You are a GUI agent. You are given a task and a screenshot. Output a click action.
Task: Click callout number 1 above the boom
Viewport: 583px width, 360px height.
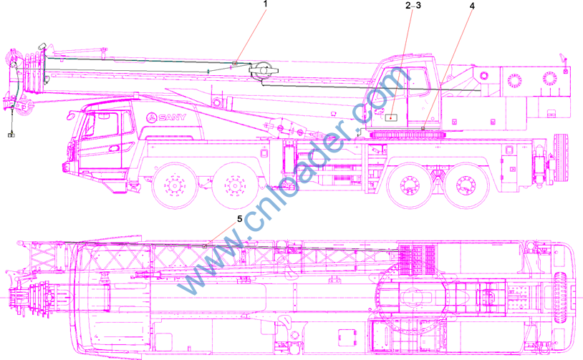266,4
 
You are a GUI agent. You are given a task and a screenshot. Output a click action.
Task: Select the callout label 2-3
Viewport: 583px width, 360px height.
413,5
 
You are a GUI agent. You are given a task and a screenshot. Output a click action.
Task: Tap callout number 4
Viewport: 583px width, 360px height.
472,6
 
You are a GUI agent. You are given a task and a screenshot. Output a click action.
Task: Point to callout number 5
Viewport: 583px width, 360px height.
239,219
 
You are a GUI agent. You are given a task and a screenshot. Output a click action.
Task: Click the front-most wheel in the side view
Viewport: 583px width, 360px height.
175,185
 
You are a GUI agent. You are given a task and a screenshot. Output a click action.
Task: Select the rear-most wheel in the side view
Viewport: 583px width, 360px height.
466,185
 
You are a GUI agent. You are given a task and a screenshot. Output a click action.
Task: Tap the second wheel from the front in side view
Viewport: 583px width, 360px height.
236,185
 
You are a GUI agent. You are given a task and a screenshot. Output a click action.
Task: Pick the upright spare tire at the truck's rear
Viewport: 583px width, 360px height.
561,158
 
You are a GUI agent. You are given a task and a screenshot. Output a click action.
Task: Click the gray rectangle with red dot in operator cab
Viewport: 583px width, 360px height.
391,118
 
